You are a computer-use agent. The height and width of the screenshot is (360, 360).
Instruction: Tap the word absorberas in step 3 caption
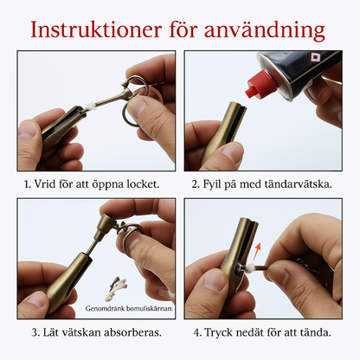click(x=136, y=332)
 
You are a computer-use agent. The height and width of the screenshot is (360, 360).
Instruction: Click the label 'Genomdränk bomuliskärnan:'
click(x=130, y=307)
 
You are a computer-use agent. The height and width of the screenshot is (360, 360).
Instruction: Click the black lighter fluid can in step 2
click(x=299, y=73)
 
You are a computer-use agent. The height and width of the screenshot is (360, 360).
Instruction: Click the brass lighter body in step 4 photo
click(x=238, y=251)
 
